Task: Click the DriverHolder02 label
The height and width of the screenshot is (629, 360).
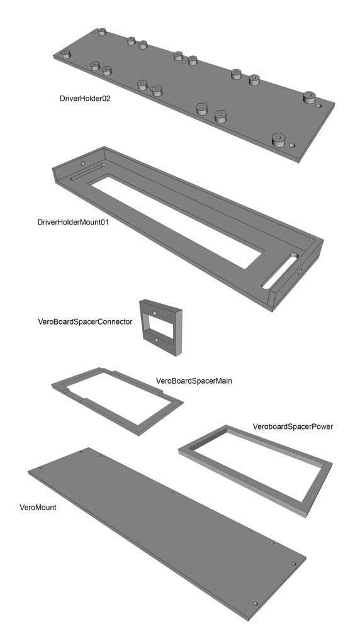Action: tap(85, 98)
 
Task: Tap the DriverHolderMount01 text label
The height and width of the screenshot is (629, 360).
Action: tap(72, 222)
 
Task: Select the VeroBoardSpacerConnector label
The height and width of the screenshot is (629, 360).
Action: tap(85, 321)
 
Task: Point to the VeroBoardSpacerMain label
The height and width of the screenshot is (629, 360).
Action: tap(194, 381)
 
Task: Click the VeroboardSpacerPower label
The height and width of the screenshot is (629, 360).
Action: tap(293, 426)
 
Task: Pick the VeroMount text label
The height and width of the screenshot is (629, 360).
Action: tap(38, 508)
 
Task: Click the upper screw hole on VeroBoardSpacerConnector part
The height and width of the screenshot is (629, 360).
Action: tap(155, 312)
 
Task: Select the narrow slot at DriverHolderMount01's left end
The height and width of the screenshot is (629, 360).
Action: tap(88, 171)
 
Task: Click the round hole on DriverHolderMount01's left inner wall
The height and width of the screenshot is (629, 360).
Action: tap(82, 164)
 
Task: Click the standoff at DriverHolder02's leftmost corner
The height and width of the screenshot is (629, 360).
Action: tap(65, 54)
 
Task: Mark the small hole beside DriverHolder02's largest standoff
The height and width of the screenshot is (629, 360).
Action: tap(292, 145)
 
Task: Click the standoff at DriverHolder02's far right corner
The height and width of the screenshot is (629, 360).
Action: tap(308, 97)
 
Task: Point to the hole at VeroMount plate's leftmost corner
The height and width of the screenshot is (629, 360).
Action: tap(40, 468)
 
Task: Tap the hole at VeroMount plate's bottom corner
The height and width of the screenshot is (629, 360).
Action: tap(255, 603)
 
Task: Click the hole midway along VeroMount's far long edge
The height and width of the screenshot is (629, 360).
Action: tap(172, 491)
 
